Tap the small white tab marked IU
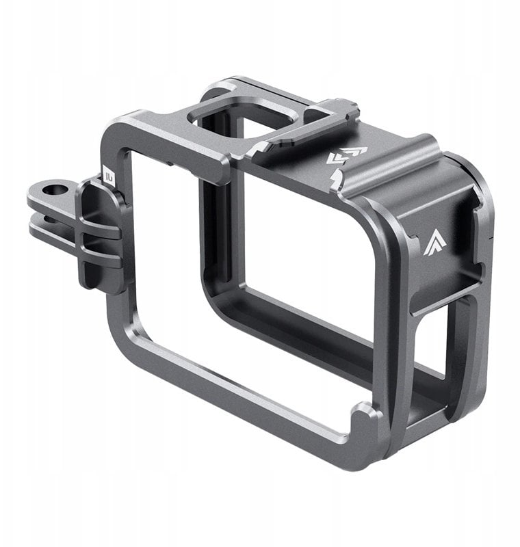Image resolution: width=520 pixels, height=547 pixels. point(108,178)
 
